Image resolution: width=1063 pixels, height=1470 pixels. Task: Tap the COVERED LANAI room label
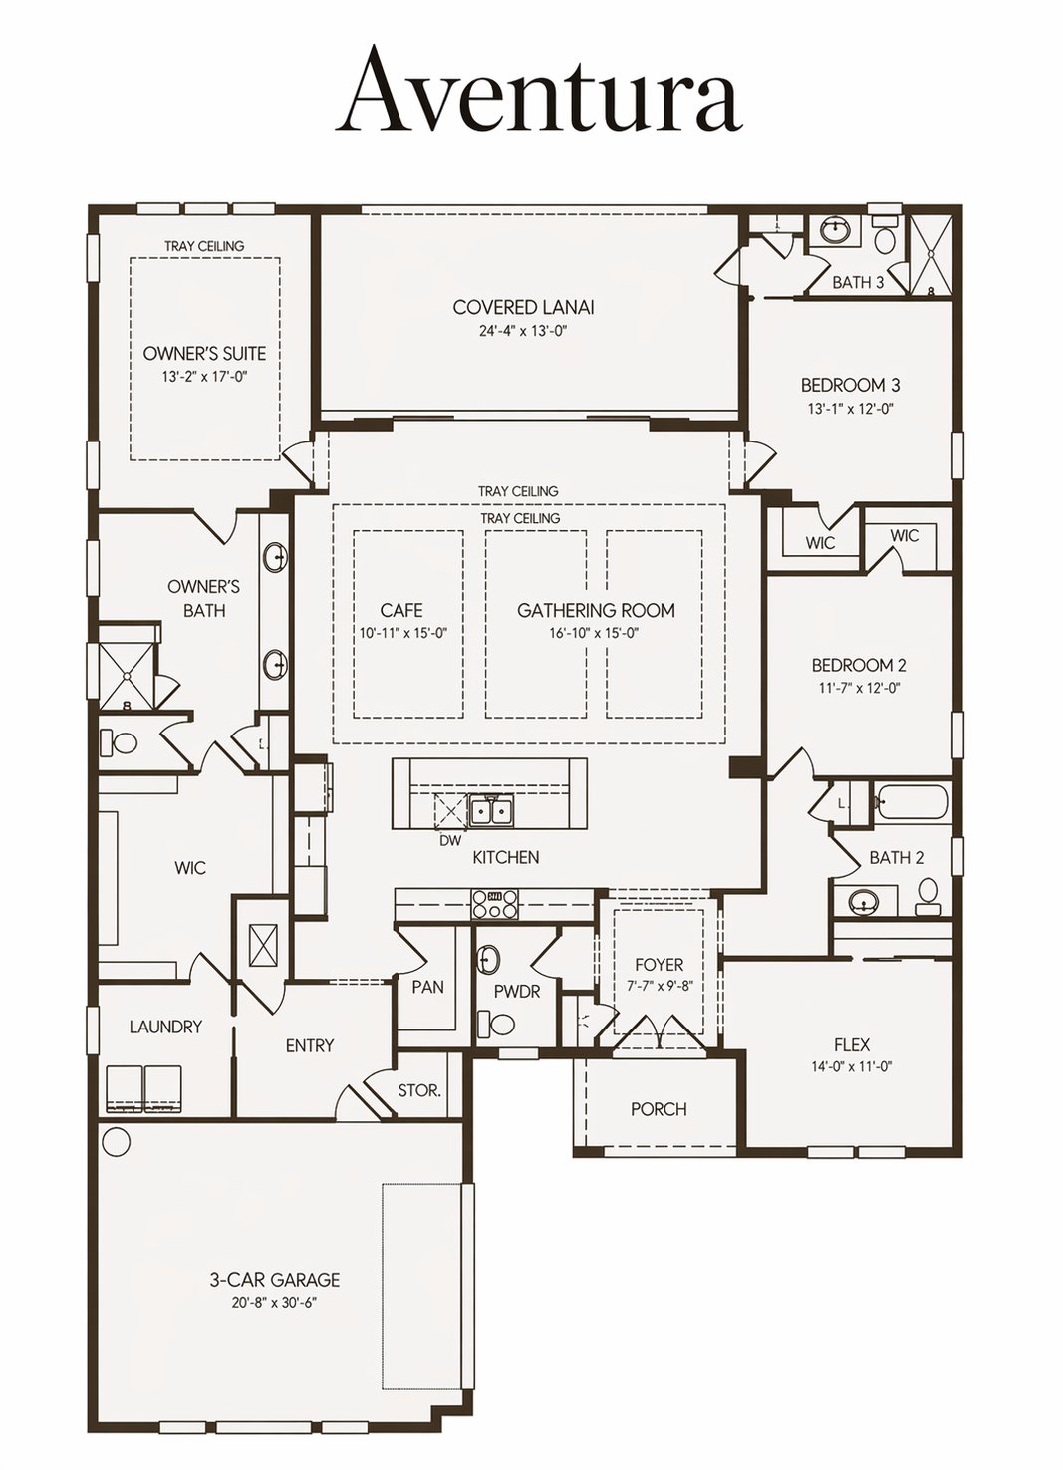coord(523,307)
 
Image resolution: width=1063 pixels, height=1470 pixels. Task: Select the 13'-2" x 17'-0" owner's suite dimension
coord(204,377)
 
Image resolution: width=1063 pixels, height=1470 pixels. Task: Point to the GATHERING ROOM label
coord(596,610)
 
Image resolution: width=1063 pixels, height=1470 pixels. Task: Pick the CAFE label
coord(401,610)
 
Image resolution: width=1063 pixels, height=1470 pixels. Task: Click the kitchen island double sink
coord(491,812)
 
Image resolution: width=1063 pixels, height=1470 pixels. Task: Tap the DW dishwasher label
coord(451,841)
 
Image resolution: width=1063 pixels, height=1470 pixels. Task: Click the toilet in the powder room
coord(497,1023)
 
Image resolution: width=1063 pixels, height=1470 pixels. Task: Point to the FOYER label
coord(659,965)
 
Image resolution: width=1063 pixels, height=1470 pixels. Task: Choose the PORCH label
coord(659,1109)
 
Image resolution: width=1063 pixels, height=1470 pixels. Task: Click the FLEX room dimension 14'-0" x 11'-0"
coord(851,1066)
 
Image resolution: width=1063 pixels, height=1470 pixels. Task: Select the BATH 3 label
coord(859,282)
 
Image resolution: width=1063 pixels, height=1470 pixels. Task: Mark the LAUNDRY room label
coord(165,1027)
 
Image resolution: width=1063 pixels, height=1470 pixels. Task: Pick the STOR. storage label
coord(419,1090)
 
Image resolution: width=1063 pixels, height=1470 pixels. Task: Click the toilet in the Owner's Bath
coord(119,743)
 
